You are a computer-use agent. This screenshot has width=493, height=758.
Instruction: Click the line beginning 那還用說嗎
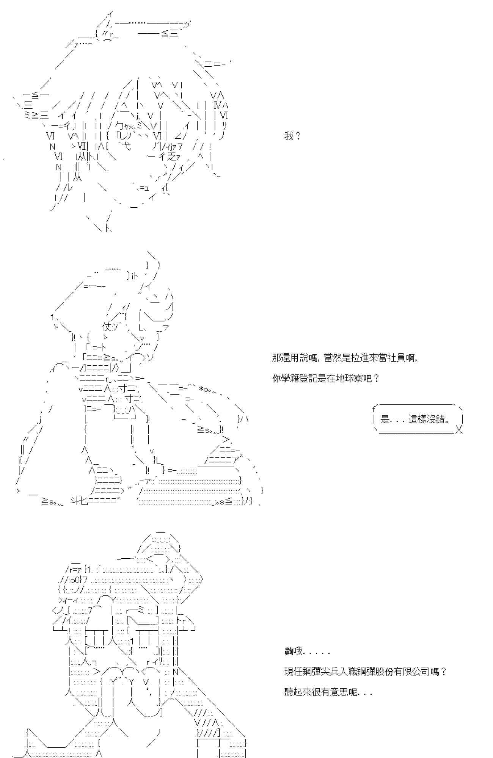tap(344, 358)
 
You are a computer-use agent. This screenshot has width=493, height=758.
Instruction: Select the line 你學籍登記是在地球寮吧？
tap(325, 378)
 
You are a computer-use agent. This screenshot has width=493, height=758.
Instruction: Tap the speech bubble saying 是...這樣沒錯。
tap(417, 420)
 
